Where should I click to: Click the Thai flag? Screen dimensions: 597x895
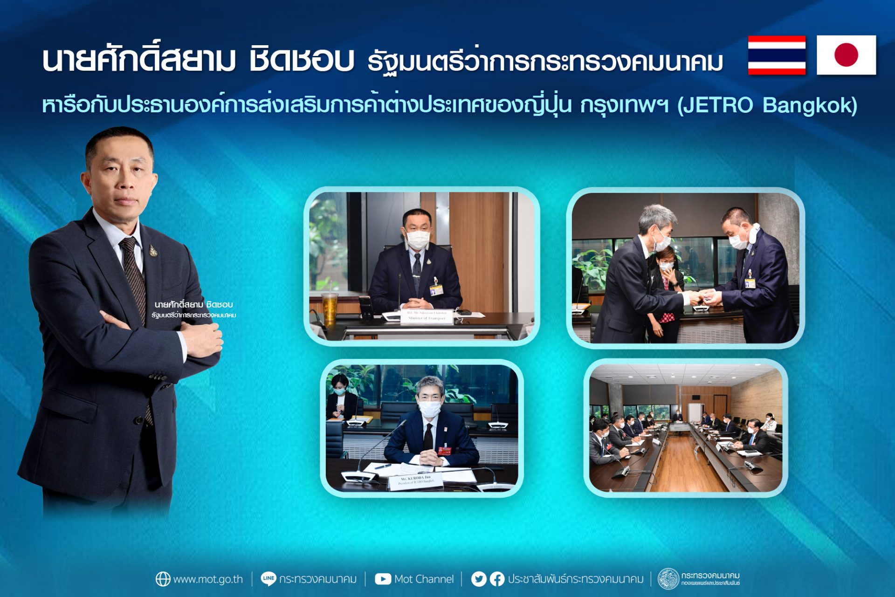(x=777, y=55)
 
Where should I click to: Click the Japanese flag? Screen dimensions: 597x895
(x=846, y=55)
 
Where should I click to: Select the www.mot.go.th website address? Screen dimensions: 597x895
(x=208, y=579)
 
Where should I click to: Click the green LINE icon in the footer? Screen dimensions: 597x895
(x=268, y=578)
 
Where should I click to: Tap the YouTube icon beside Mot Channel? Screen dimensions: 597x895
(x=383, y=579)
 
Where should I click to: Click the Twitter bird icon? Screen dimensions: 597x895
(x=478, y=579)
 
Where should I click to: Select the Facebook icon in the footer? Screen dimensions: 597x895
(x=497, y=579)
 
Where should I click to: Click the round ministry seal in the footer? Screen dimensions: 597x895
(x=668, y=579)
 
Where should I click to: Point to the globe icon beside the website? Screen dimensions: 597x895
(x=163, y=579)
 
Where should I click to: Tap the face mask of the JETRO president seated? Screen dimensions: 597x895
(x=429, y=409)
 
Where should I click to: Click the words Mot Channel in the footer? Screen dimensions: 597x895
(x=424, y=579)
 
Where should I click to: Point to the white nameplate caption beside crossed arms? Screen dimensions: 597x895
(x=193, y=309)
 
